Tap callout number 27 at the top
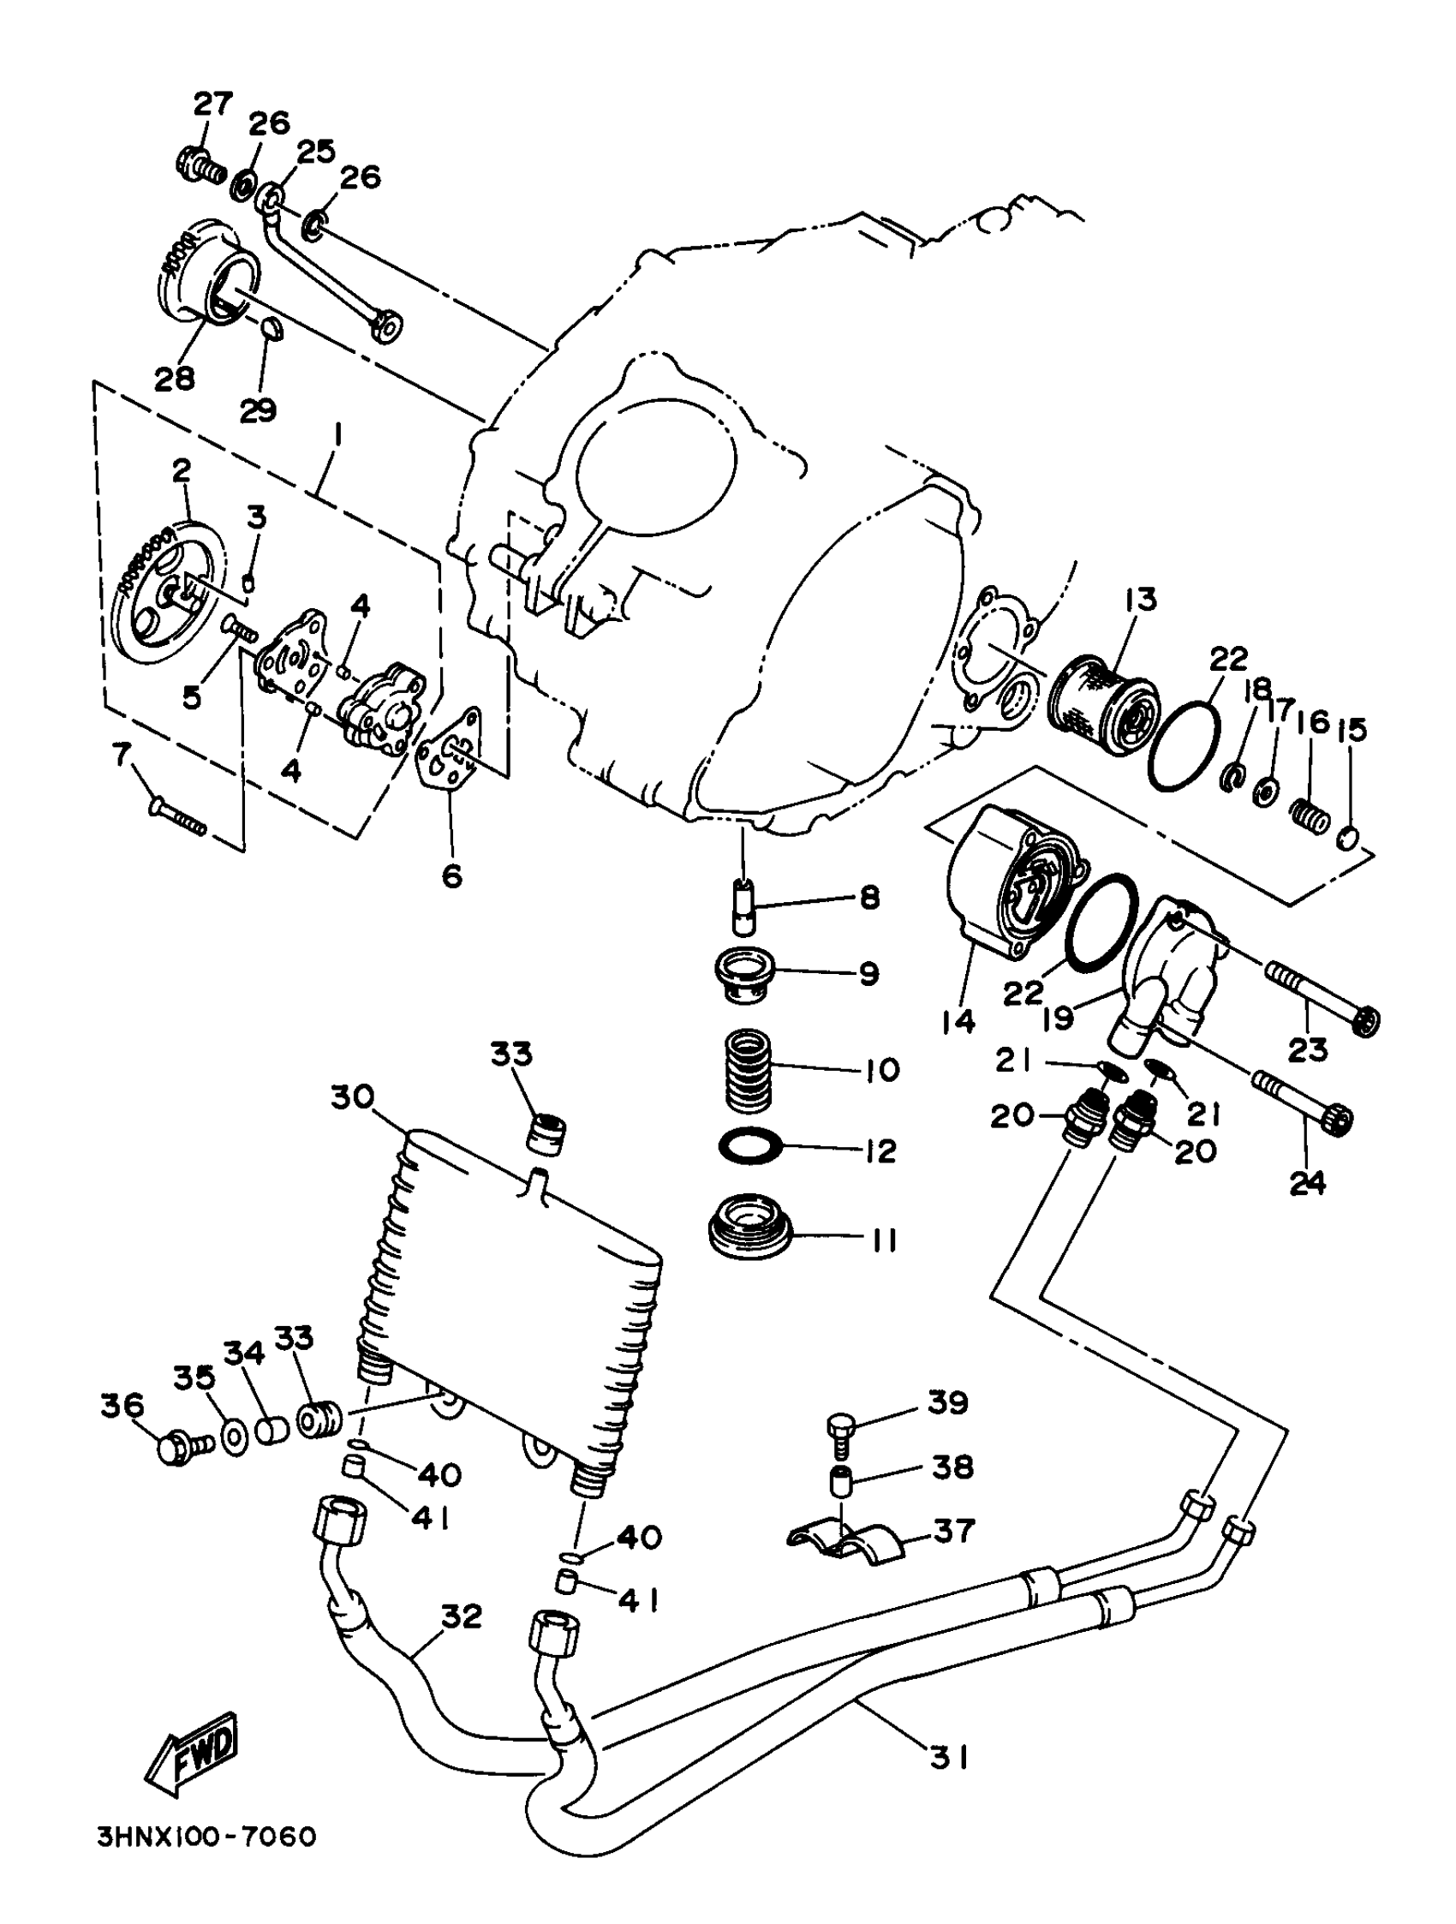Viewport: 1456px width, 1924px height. [213, 104]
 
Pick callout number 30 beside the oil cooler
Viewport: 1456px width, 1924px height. [351, 1096]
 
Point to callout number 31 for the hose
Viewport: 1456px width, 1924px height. [948, 1759]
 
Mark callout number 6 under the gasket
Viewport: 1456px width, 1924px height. [451, 875]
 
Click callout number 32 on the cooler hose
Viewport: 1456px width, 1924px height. [460, 1616]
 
